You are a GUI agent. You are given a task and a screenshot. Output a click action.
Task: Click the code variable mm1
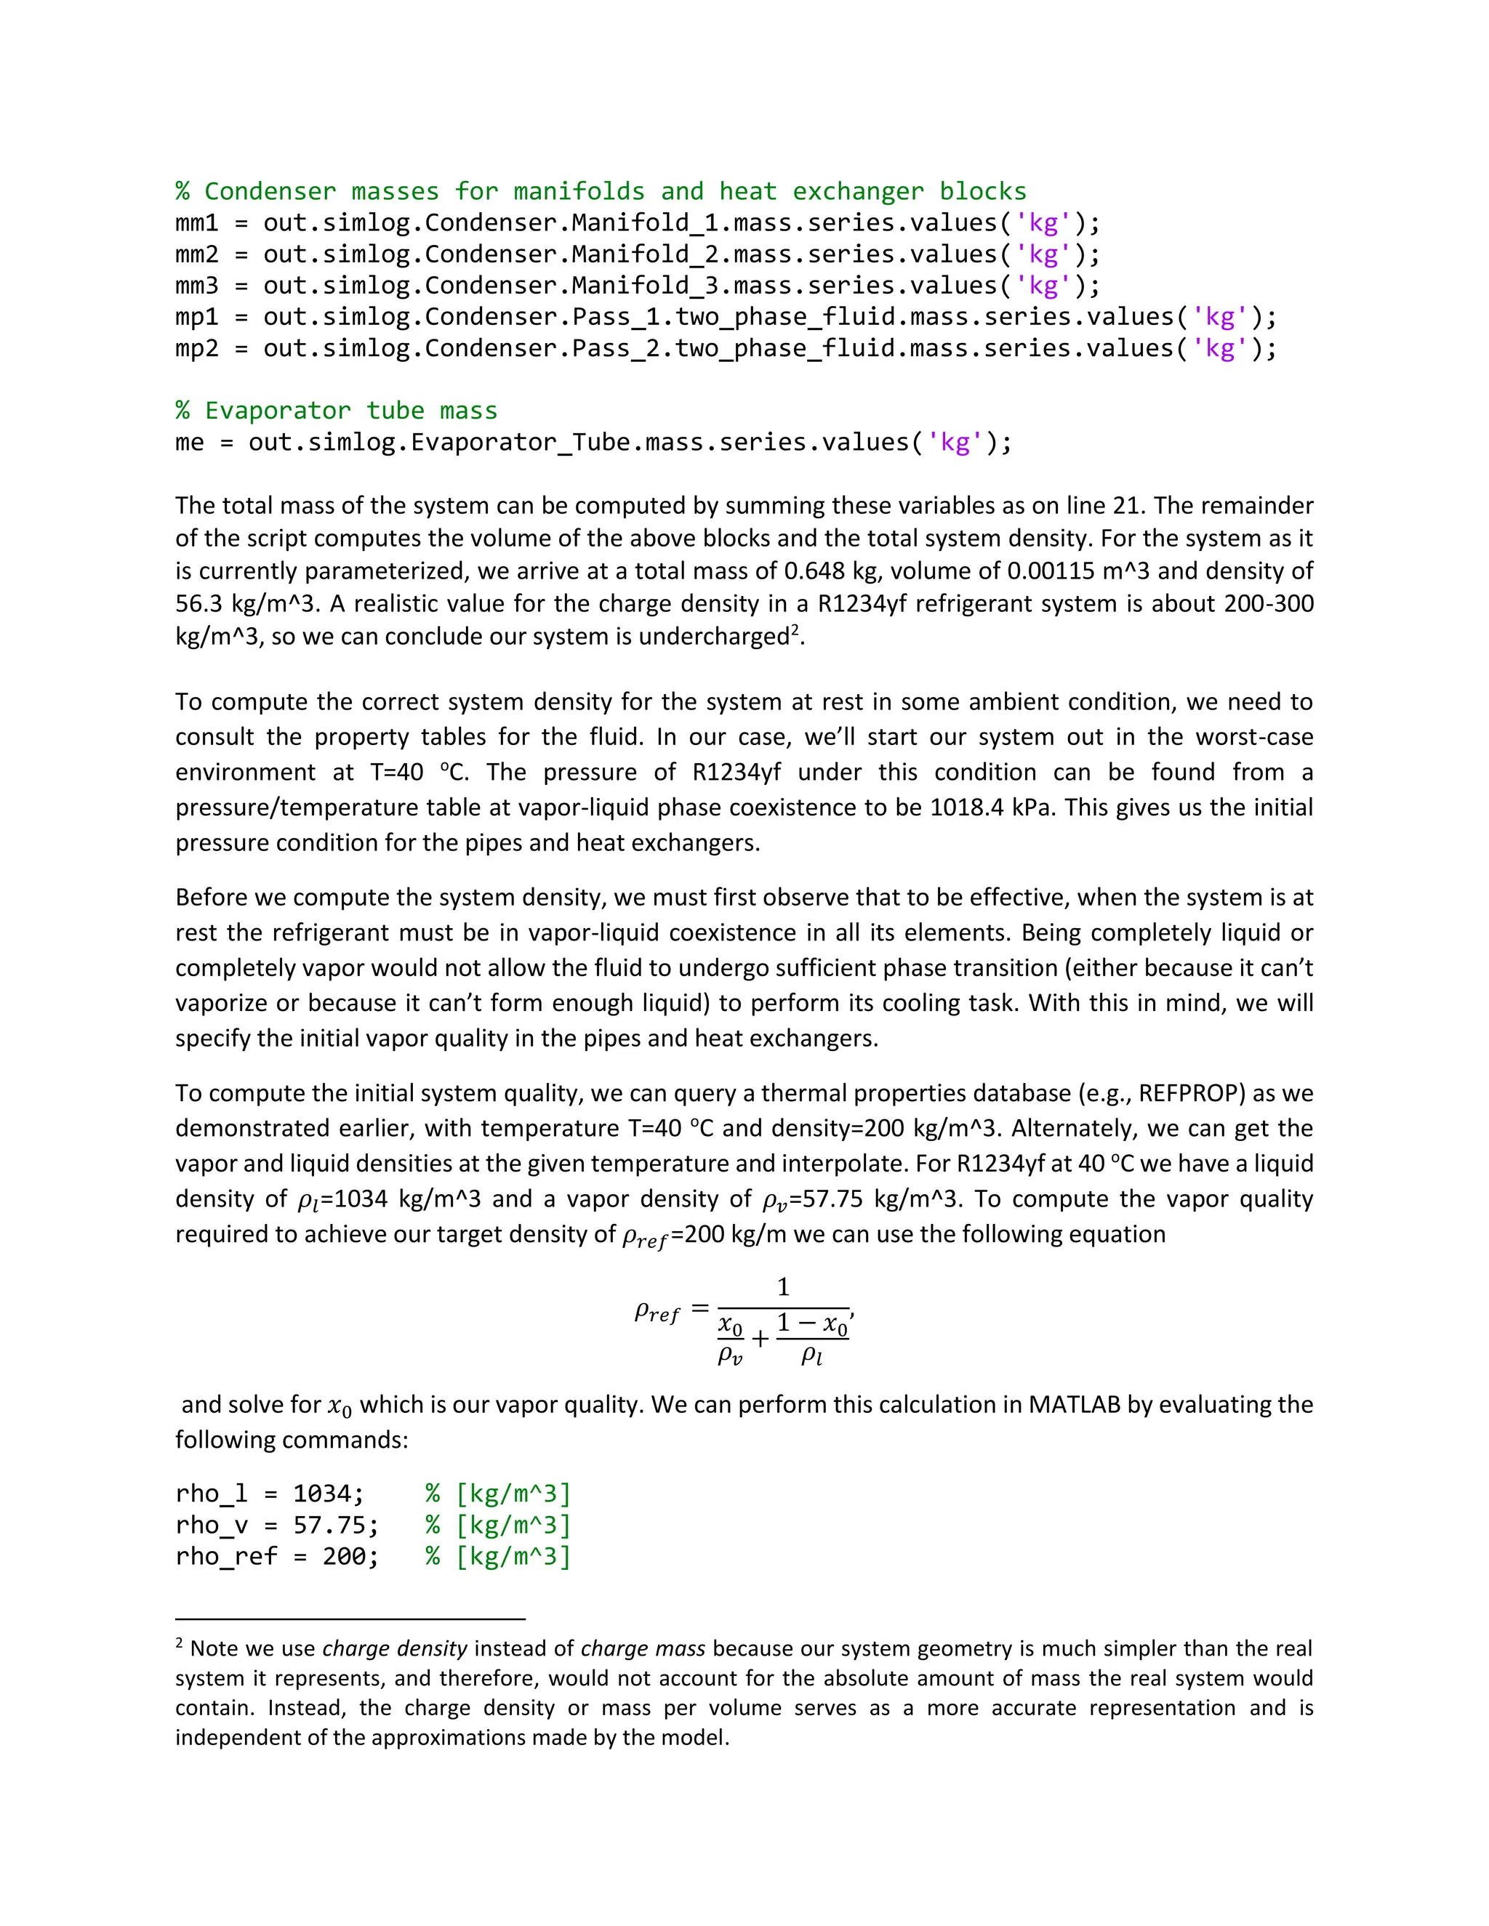click(x=196, y=223)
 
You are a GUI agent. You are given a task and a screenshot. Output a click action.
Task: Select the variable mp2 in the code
click(x=196, y=349)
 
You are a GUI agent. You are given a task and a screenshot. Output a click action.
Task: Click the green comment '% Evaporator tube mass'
click(x=336, y=411)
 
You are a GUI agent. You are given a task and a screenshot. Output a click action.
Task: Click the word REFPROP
click(x=1192, y=1094)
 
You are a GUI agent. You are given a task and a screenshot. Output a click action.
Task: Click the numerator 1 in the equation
click(x=782, y=1289)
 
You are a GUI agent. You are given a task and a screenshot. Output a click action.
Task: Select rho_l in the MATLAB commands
click(x=212, y=1494)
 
